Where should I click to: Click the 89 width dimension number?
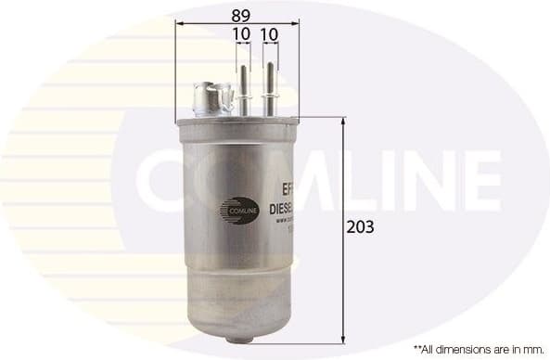(x=240, y=15)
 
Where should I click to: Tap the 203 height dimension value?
(x=362, y=225)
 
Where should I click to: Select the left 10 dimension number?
(x=242, y=34)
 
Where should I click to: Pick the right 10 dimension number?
(x=271, y=34)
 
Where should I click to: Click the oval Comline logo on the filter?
(x=236, y=210)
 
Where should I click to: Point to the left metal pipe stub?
(x=244, y=91)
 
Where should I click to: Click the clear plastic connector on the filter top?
(x=213, y=98)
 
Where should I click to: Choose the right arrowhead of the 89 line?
(x=300, y=25)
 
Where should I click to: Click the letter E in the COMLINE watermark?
(x=478, y=183)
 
